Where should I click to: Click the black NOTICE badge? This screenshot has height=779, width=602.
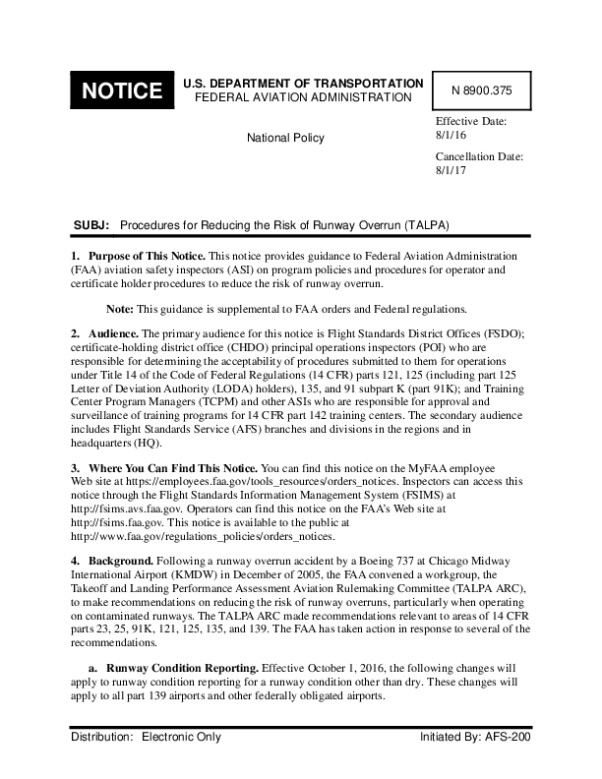coord(121,91)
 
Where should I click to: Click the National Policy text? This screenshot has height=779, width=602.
coord(285,138)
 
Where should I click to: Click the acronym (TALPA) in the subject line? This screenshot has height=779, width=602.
coord(425,225)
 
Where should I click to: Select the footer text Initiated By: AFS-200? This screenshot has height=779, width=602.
coord(475,737)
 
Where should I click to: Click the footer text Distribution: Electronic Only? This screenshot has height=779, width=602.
coord(146,737)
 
